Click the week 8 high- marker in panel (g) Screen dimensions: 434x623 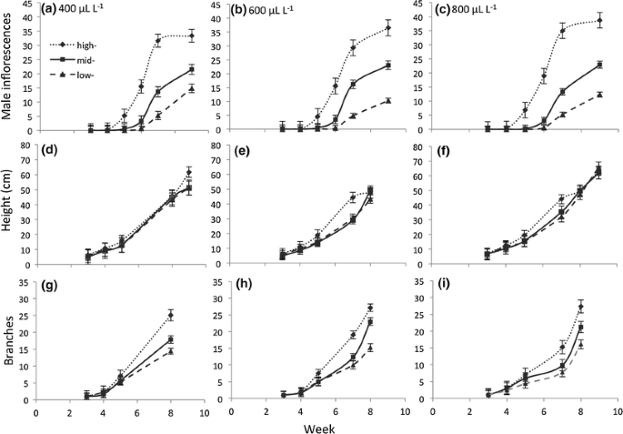point(170,316)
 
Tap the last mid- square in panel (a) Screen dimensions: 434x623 point(191,69)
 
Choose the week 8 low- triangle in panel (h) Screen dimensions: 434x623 point(371,347)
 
